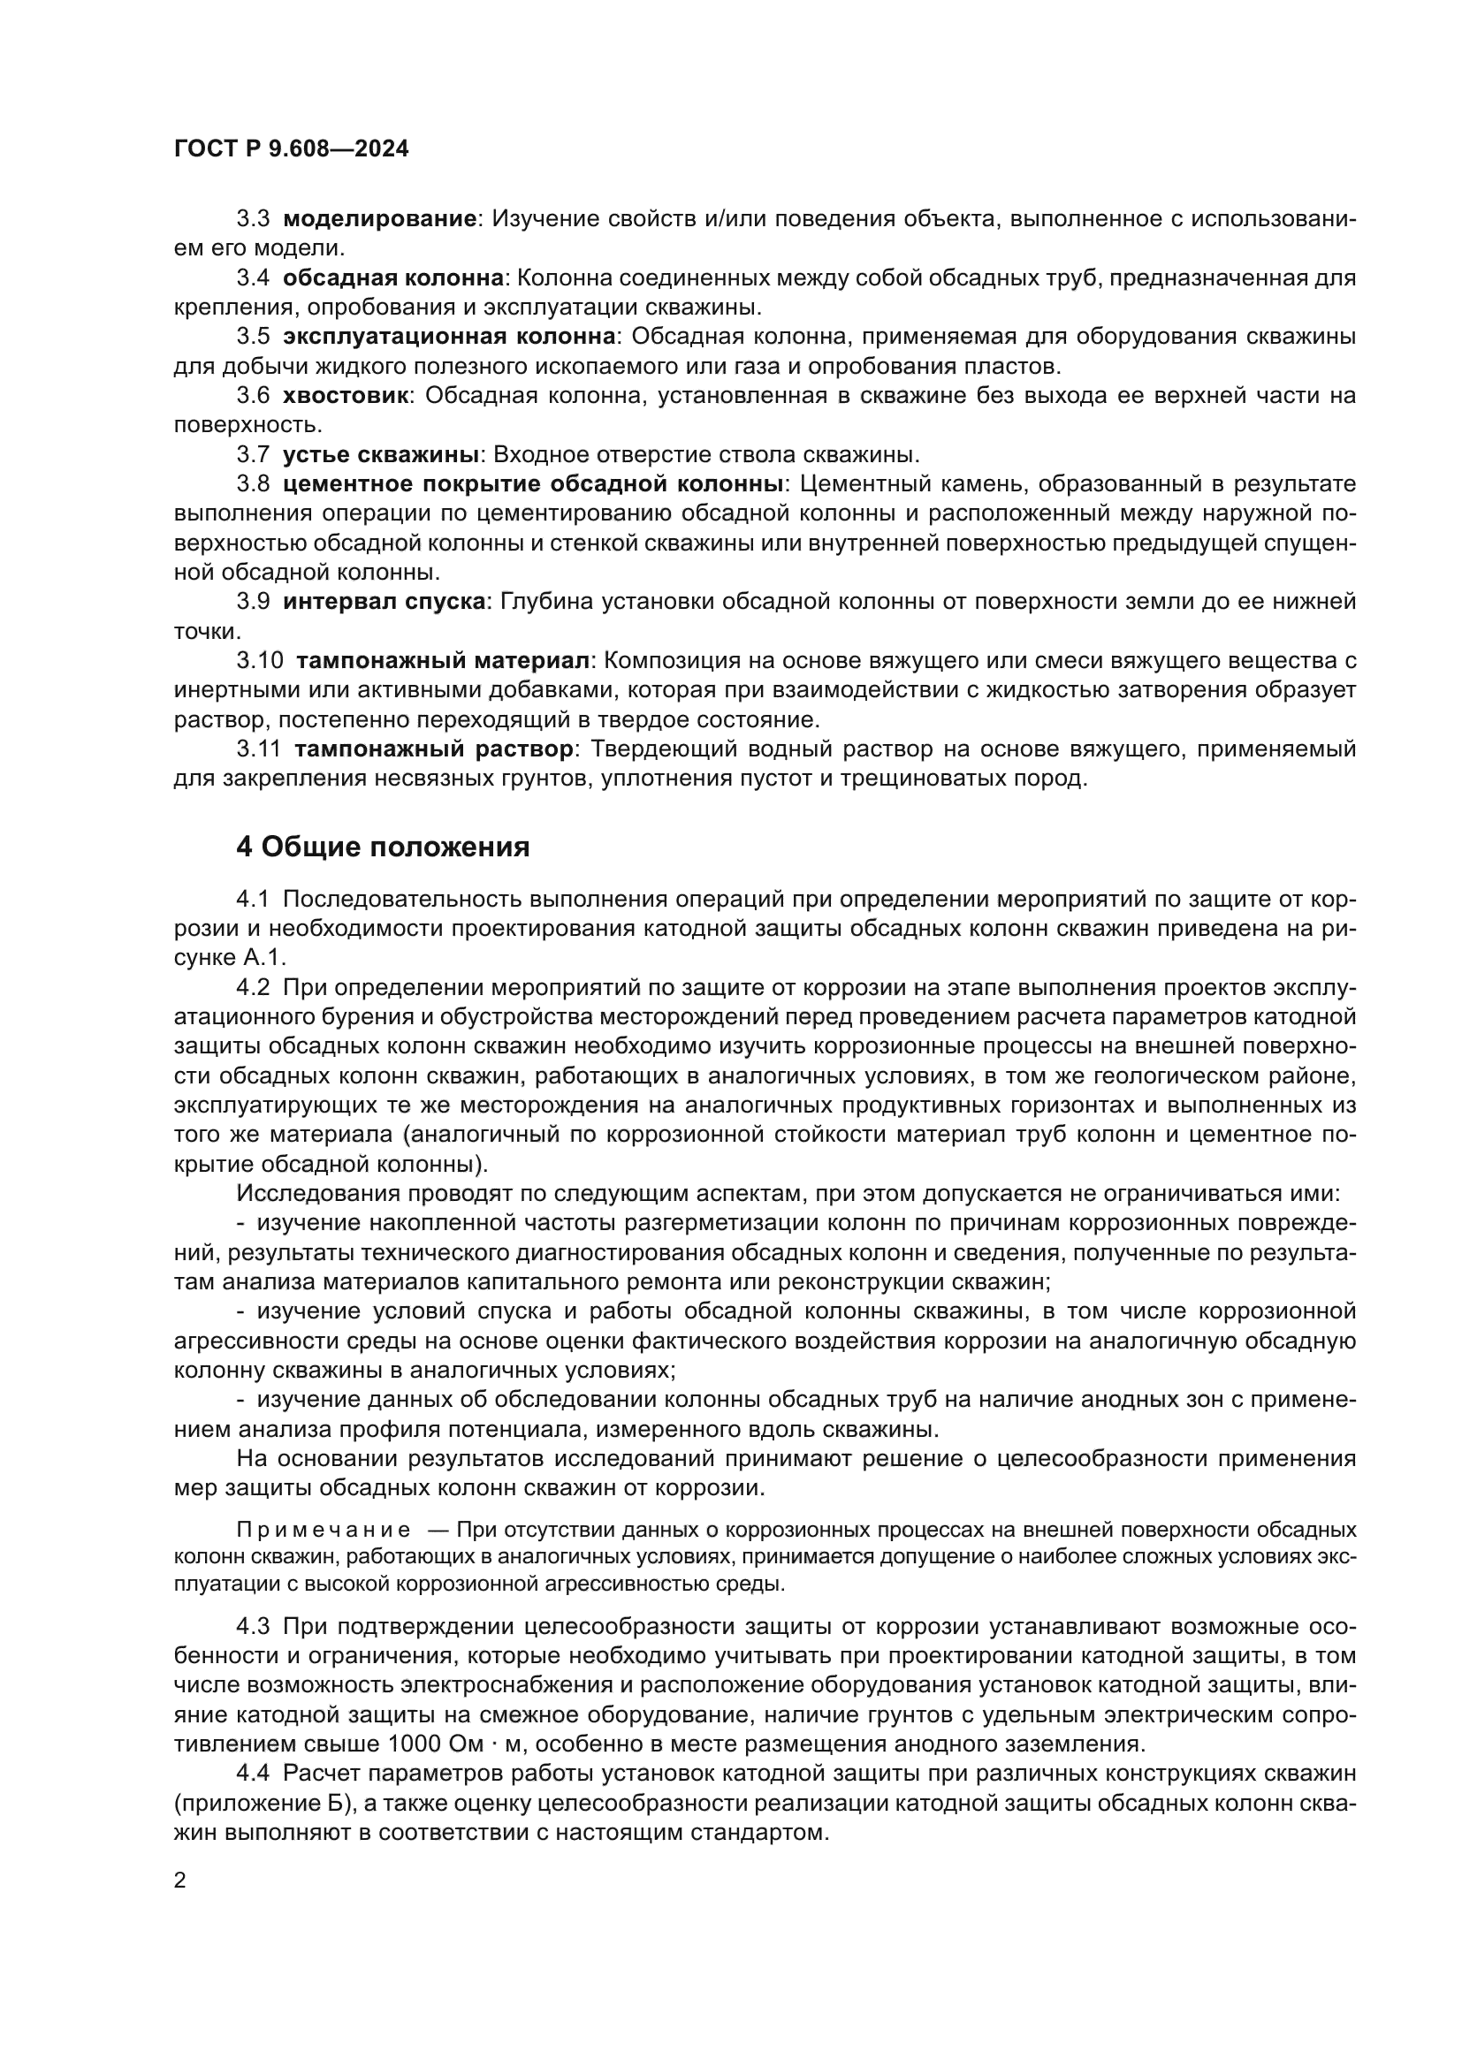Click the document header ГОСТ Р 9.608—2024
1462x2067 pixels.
click(x=290, y=148)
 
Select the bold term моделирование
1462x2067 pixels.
click(x=378, y=219)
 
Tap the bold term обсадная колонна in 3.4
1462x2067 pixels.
click(x=392, y=278)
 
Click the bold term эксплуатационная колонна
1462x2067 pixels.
click(x=448, y=337)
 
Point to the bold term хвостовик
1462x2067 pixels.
click(x=345, y=395)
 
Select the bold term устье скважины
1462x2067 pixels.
click(x=382, y=454)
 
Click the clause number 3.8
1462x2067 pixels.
click(x=252, y=484)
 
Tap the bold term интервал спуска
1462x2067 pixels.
click(x=384, y=602)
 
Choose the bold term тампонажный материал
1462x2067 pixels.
click(x=442, y=661)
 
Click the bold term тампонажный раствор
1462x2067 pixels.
click(x=433, y=749)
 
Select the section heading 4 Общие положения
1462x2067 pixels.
click(x=383, y=847)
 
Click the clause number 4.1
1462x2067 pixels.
click(x=252, y=901)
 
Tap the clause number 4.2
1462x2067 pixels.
click(x=252, y=988)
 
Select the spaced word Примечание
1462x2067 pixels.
click(x=324, y=1555)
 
